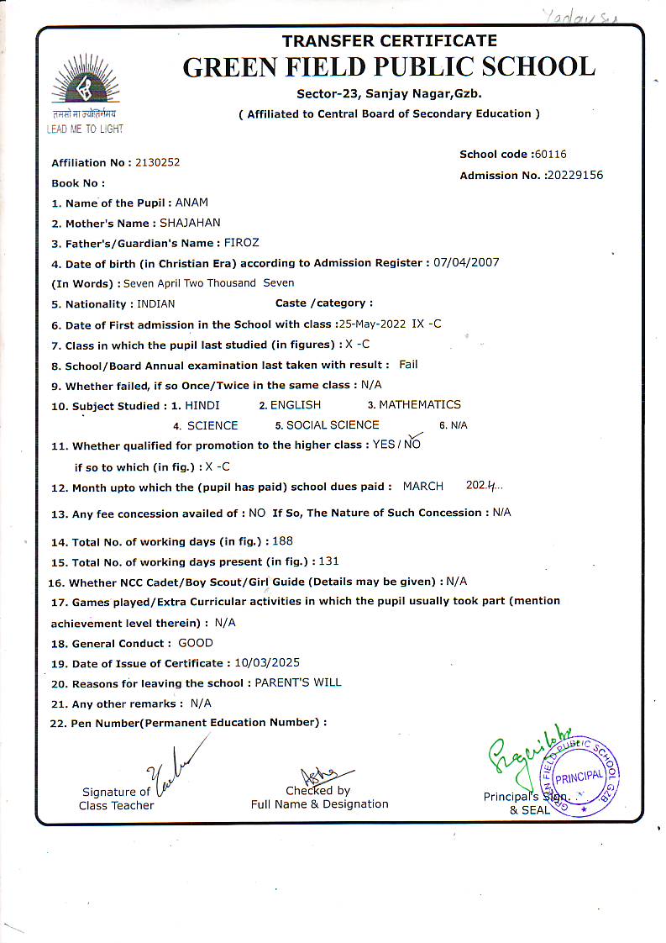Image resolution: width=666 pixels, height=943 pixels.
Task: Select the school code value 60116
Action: (x=551, y=154)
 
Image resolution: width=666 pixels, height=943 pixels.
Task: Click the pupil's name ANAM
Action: (x=192, y=203)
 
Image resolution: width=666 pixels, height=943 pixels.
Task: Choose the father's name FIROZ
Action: (x=243, y=243)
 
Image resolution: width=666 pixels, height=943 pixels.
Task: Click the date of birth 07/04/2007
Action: (x=466, y=262)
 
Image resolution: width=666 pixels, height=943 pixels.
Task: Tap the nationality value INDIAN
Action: (x=155, y=303)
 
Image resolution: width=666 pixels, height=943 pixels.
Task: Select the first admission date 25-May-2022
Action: (x=370, y=324)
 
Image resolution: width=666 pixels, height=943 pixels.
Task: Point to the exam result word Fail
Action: (x=408, y=364)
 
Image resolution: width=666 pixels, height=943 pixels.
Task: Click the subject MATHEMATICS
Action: (x=420, y=404)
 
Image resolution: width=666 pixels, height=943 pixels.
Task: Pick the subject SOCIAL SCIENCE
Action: (x=333, y=425)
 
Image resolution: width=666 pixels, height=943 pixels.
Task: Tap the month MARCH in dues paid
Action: (x=423, y=486)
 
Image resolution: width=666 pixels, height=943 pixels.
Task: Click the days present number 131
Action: (x=329, y=561)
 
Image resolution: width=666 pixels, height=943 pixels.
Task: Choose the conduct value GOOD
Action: (x=196, y=643)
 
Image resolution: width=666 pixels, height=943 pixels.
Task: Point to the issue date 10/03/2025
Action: (x=268, y=662)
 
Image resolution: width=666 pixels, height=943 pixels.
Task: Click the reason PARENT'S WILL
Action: (x=298, y=682)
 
